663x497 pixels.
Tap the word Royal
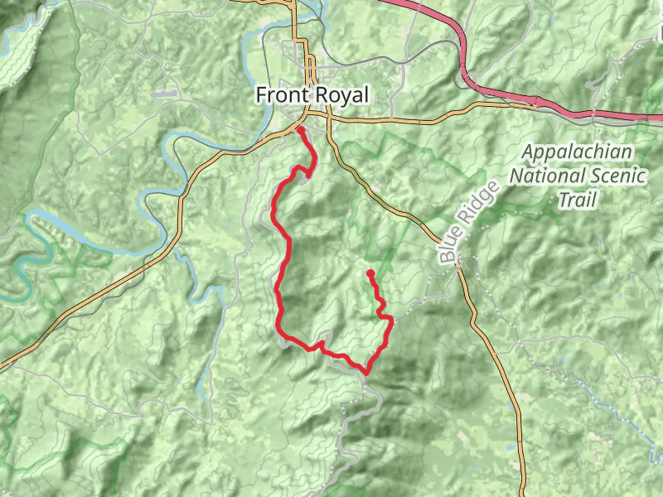(x=341, y=95)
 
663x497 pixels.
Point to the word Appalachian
(x=578, y=152)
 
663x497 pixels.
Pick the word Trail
(x=578, y=200)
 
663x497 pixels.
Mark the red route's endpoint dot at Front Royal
(x=300, y=129)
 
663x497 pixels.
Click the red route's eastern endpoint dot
(x=370, y=273)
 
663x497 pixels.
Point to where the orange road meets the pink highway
(x=535, y=103)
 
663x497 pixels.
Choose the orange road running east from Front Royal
(x=398, y=118)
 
